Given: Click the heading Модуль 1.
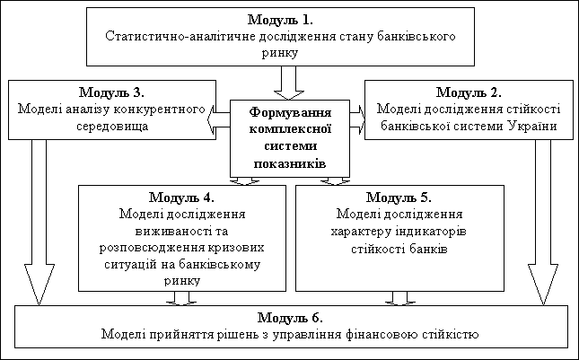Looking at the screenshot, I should (x=280, y=20).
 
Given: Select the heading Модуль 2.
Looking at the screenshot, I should (x=469, y=92).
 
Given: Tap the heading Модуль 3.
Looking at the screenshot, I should (x=113, y=92).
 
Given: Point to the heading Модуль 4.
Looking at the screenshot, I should (x=182, y=198).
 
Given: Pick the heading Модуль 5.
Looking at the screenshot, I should (x=399, y=198).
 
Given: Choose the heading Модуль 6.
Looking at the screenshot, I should (x=290, y=318).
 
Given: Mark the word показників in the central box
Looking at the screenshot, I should (x=289, y=164).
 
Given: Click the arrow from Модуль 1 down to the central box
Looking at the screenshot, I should (x=289, y=83).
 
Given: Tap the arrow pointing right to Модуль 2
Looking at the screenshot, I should (x=357, y=114).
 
